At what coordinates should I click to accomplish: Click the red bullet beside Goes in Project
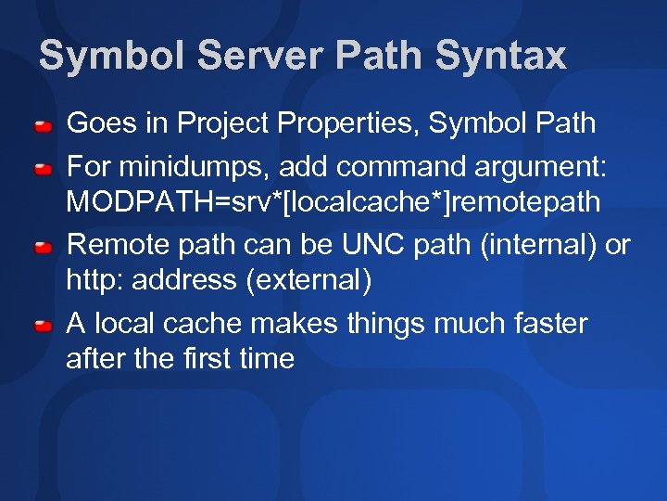click(x=43, y=124)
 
